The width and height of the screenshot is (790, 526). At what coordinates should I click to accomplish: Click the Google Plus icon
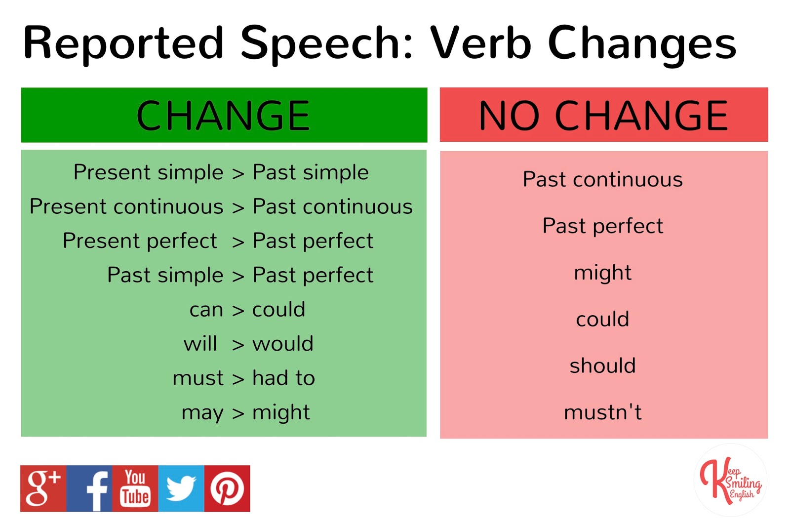[x=43, y=488]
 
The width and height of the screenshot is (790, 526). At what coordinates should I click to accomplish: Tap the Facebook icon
[x=89, y=488]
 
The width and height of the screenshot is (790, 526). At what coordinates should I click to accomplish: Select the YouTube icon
[x=135, y=488]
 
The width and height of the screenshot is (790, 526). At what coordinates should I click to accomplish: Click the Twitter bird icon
[x=181, y=488]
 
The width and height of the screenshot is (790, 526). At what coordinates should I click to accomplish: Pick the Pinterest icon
[x=227, y=488]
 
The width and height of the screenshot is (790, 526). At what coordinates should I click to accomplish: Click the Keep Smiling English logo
[x=730, y=481]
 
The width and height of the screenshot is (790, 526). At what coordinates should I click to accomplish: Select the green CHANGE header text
[x=223, y=116]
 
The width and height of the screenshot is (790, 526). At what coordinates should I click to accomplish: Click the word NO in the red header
[x=509, y=116]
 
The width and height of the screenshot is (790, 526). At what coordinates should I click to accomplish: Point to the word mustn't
[x=603, y=412]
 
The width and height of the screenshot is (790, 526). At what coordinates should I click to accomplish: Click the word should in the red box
[x=603, y=365]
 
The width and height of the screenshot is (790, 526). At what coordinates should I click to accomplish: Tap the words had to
[x=283, y=378]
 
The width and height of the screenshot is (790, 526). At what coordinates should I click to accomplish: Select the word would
[x=283, y=343]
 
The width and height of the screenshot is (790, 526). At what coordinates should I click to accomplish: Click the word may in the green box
[x=202, y=413]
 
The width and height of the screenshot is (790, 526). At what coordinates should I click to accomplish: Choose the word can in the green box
[x=206, y=311]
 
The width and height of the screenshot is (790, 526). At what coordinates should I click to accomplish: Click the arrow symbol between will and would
[x=238, y=345]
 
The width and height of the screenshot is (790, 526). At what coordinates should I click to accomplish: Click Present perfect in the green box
[x=140, y=242]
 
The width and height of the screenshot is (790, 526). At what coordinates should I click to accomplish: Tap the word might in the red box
[x=603, y=273]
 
